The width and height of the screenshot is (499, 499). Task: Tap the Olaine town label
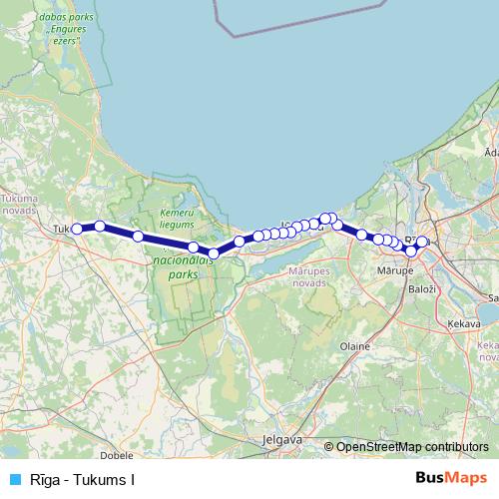coord(356,345)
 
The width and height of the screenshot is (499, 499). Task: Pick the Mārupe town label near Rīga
coord(396,270)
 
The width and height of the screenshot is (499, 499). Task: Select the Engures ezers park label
coord(64,31)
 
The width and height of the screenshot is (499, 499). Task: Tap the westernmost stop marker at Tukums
coord(77,229)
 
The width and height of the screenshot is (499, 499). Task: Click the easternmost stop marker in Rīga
coord(422,242)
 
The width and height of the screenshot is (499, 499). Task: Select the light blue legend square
coord(11,480)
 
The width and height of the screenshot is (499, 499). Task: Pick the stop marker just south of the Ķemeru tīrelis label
coord(194,246)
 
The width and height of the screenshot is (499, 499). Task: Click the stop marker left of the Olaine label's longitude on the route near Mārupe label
coord(361,236)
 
